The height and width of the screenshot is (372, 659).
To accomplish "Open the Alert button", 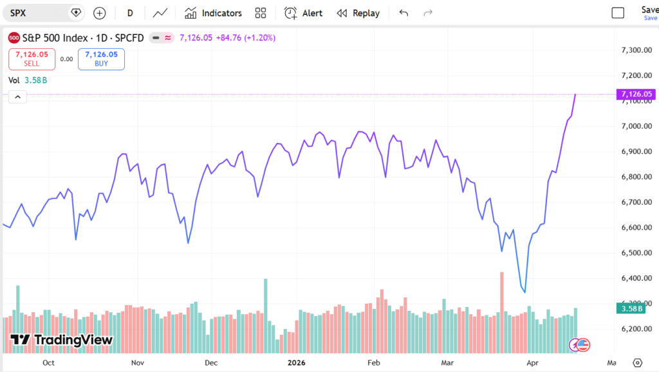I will [303, 13].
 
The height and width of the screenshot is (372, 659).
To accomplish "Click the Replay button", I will [358, 13].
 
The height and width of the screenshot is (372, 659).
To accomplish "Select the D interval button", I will [130, 13].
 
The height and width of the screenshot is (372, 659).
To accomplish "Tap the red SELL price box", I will [32, 59].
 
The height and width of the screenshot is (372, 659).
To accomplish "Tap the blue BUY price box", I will [101, 59].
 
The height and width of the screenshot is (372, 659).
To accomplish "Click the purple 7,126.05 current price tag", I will [636, 95].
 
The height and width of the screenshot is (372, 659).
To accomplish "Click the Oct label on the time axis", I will [48, 362].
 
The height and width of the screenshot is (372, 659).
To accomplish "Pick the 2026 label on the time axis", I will [297, 362].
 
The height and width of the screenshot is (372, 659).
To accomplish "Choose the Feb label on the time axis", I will [373, 362].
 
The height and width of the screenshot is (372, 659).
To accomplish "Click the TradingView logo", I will [61, 340].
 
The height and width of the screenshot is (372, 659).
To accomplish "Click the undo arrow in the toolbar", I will [404, 13].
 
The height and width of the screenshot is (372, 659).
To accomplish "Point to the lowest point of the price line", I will [525, 292].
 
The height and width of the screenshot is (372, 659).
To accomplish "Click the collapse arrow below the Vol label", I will [17, 97].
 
